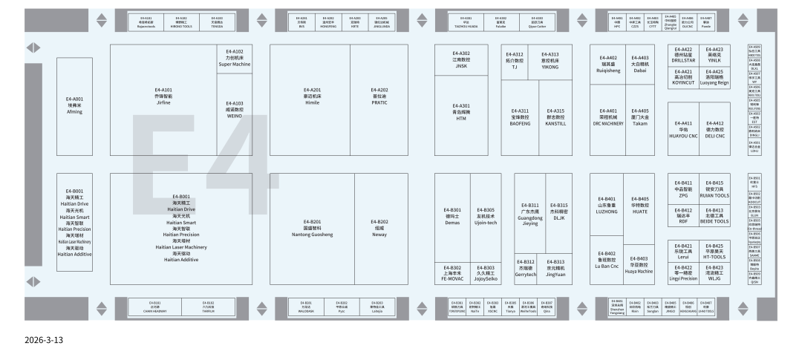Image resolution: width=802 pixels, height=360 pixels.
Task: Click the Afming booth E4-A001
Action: [x=74, y=105]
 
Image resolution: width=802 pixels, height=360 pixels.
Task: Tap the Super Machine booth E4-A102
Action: [x=235, y=57]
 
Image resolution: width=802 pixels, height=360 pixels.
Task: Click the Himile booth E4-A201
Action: [x=312, y=96]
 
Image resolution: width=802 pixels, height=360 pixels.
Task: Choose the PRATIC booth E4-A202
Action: [x=380, y=96]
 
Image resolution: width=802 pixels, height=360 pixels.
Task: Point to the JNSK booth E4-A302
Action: [x=462, y=59]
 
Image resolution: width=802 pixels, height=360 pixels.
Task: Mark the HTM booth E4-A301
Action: [x=462, y=112]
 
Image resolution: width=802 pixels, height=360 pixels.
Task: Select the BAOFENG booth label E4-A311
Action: [x=520, y=117]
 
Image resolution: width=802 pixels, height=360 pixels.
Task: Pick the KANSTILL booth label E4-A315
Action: [x=555, y=117]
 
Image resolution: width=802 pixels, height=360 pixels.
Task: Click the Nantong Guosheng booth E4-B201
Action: [x=312, y=228]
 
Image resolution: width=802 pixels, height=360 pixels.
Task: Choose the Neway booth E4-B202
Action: [x=380, y=228]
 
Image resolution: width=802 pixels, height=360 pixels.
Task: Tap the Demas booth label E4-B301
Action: [x=451, y=216]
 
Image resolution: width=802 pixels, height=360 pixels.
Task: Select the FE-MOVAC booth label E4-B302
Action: [x=451, y=273]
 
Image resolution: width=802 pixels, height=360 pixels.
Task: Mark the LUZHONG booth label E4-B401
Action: [x=607, y=205]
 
